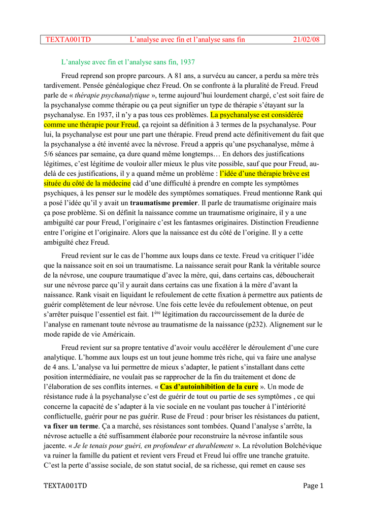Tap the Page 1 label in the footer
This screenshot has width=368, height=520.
[313, 486]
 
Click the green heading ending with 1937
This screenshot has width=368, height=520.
[128, 62]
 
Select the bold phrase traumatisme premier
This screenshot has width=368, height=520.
[160, 203]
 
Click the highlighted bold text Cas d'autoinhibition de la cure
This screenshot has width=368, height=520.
[209, 387]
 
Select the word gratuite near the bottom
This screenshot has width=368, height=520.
[304, 455]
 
